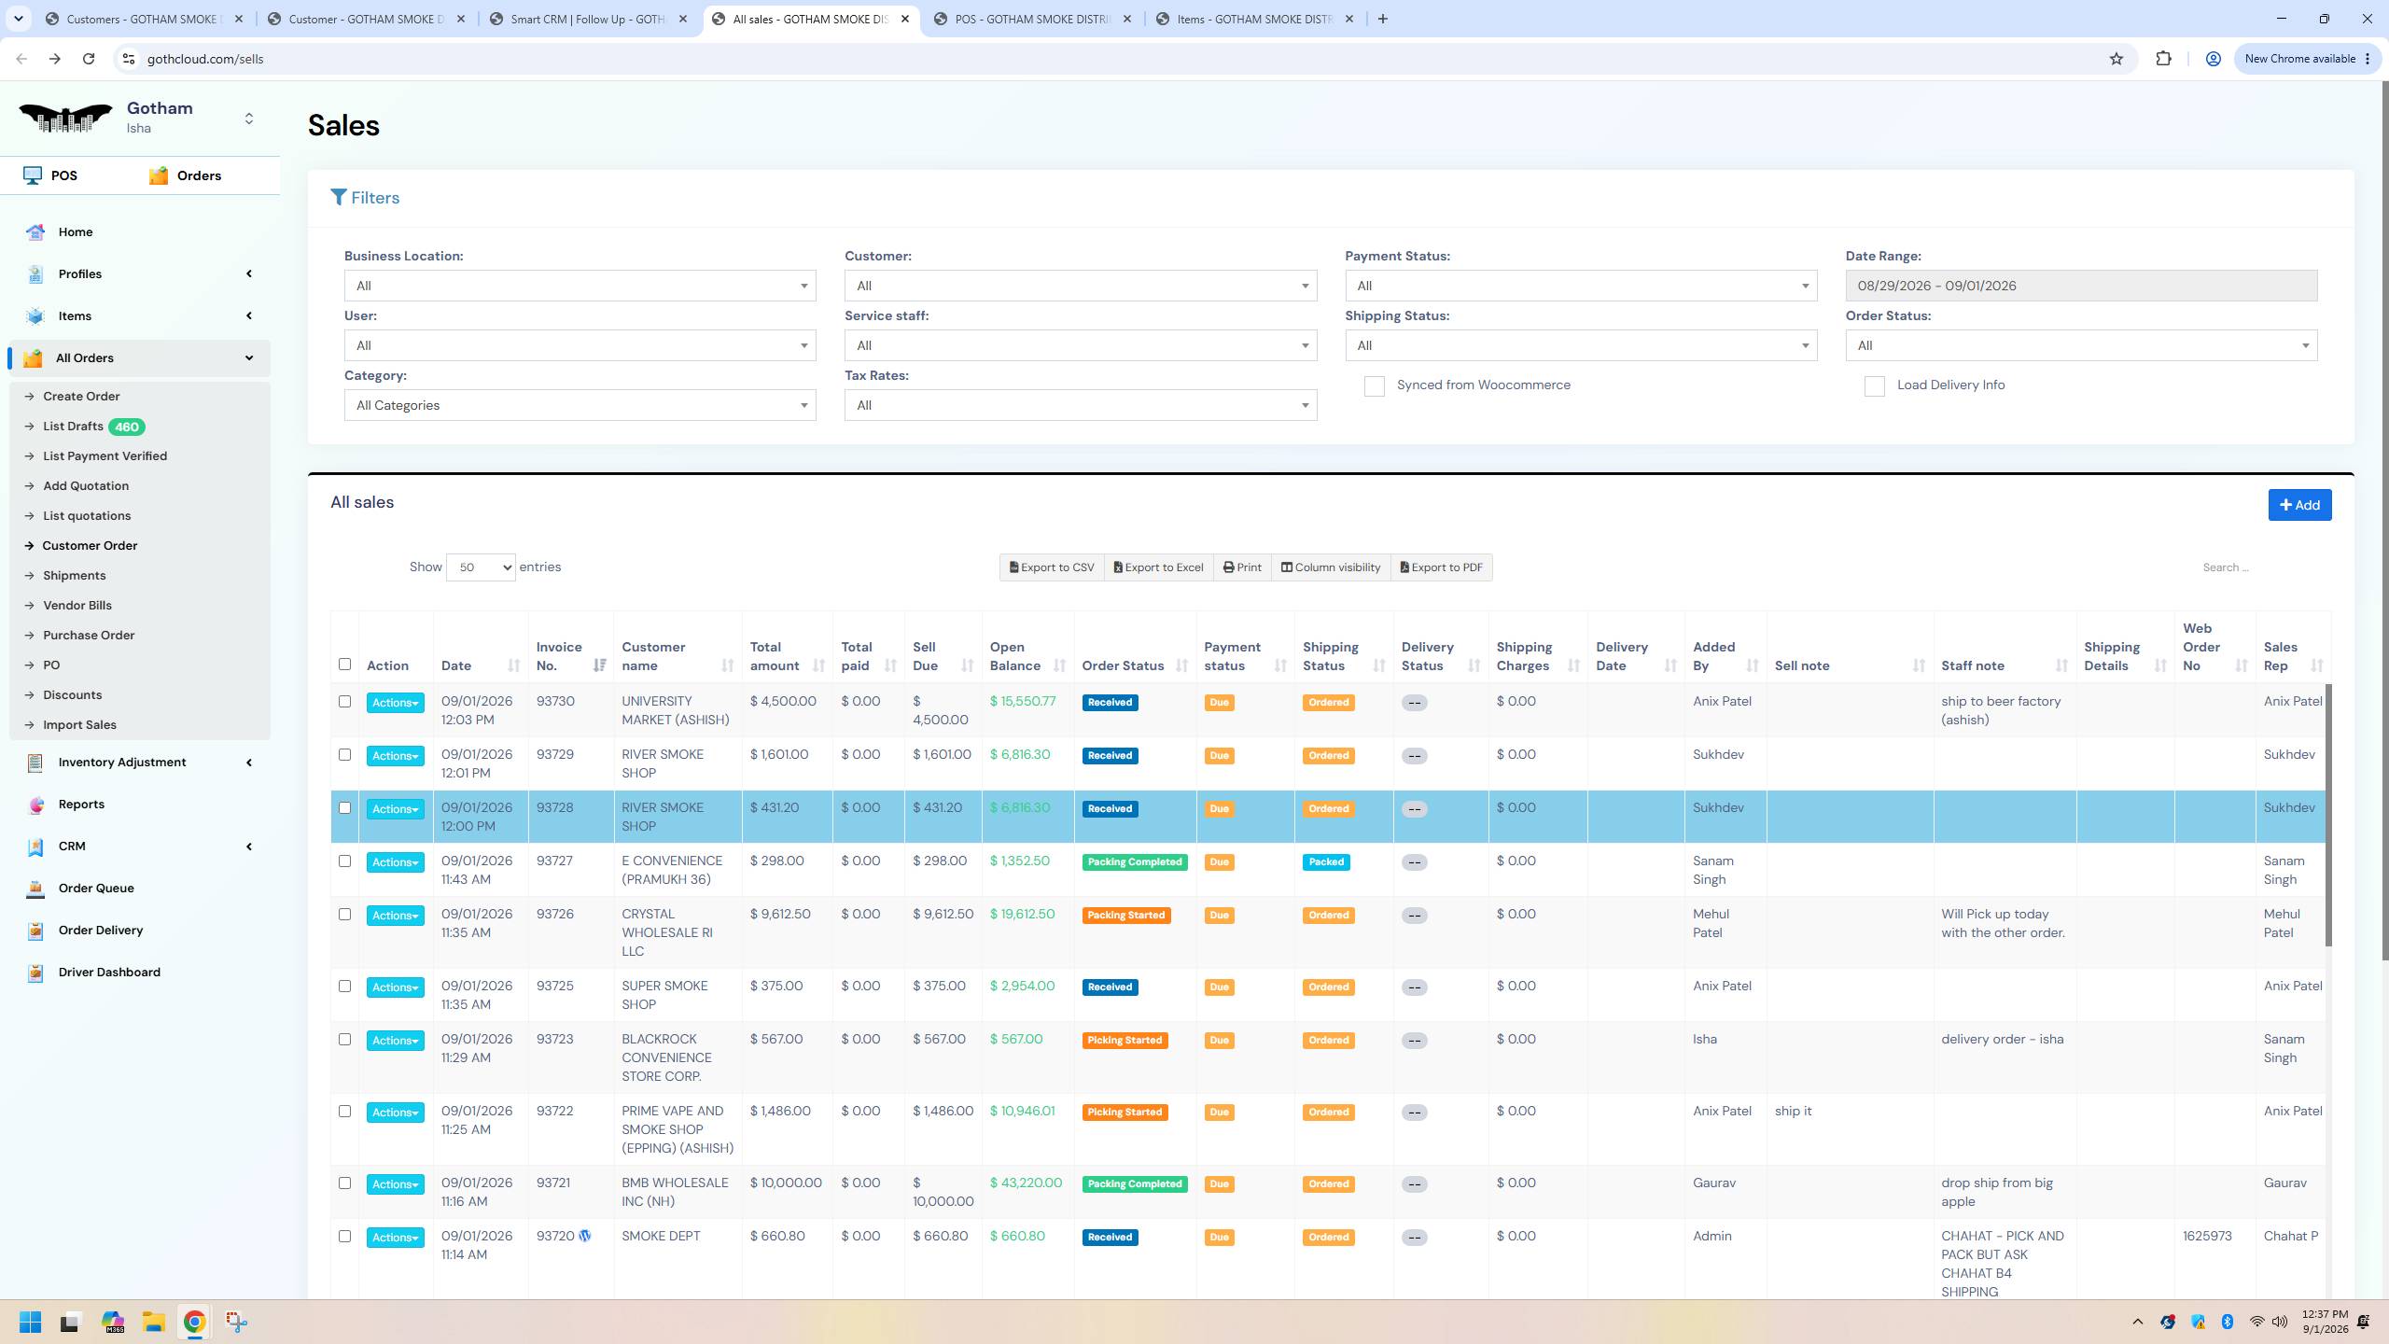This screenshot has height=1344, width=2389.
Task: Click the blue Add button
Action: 2299,505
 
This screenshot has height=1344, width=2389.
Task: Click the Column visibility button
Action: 1330,567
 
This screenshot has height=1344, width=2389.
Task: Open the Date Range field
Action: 2081,286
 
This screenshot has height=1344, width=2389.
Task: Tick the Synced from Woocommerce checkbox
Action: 1374,385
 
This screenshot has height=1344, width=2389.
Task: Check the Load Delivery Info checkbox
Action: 1874,385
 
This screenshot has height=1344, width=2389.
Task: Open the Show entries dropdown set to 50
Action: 481,567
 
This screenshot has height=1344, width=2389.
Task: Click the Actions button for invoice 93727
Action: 395,862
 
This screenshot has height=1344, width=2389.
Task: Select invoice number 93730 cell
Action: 555,701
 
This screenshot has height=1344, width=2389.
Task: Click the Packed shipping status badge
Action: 1326,862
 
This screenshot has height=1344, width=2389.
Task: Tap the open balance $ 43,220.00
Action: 1026,1183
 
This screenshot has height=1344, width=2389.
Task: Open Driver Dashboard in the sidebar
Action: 109,973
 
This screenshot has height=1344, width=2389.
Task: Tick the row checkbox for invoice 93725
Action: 344,986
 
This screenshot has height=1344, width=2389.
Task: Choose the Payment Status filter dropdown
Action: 1581,286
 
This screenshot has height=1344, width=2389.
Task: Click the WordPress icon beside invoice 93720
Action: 585,1236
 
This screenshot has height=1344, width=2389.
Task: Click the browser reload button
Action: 89,59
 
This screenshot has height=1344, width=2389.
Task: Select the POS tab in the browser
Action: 1032,19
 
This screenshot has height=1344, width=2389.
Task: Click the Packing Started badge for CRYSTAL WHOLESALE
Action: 1125,916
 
